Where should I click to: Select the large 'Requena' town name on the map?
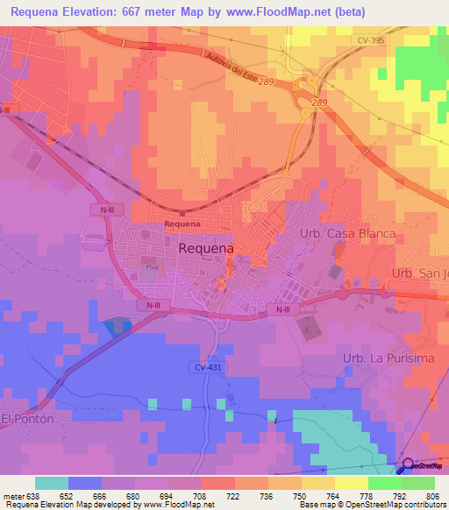pos(205,249)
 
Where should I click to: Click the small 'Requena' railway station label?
pos(182,223)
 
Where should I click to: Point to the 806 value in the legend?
pos(435,495)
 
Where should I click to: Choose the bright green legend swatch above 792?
pos(385,483)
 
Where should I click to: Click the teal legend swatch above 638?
pos(52,483)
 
